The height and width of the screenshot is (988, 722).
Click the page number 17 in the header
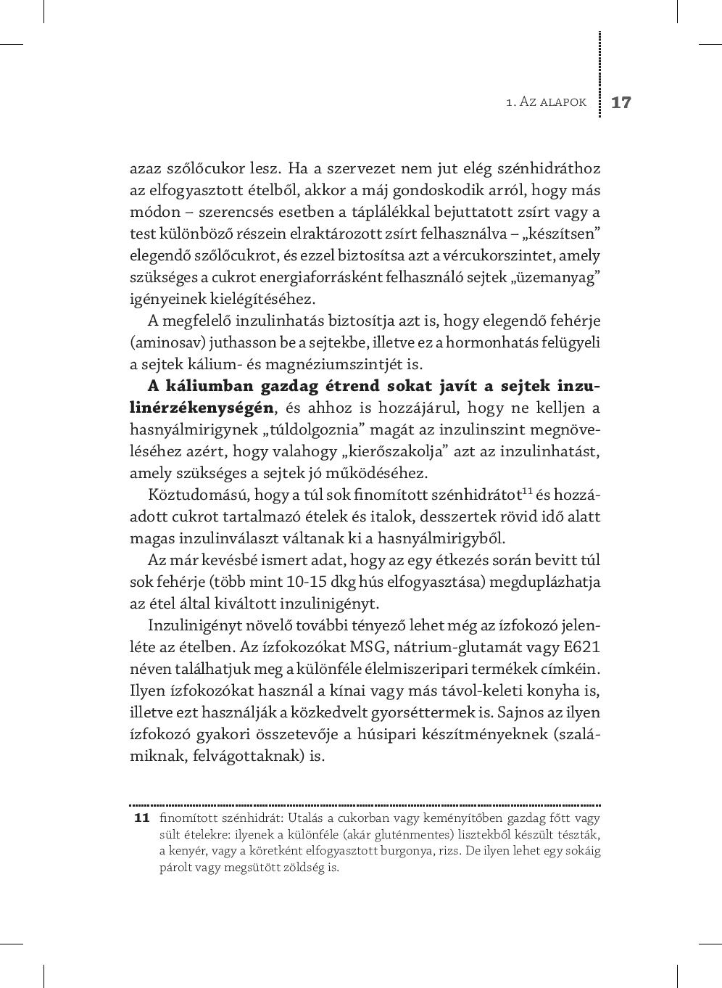pyautogui.click(x=621, y=102)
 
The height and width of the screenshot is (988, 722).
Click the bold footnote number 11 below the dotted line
pyautogui.click(x=141, y=818)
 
